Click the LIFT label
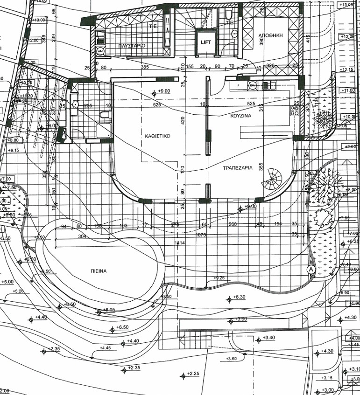coord(206,42)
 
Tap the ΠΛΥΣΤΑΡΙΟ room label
coord(132,46)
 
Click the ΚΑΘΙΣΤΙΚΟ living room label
coord(157,136)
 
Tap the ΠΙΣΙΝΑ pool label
coord(99,271)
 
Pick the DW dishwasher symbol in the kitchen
coord(253,85)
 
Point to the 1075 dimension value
coord(201,235)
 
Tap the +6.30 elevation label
coord(239,297)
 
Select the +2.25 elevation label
coord(193,374)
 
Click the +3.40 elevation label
coord(269,338)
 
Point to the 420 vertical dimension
coord(183,120)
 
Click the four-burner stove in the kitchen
coord(295,111)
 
